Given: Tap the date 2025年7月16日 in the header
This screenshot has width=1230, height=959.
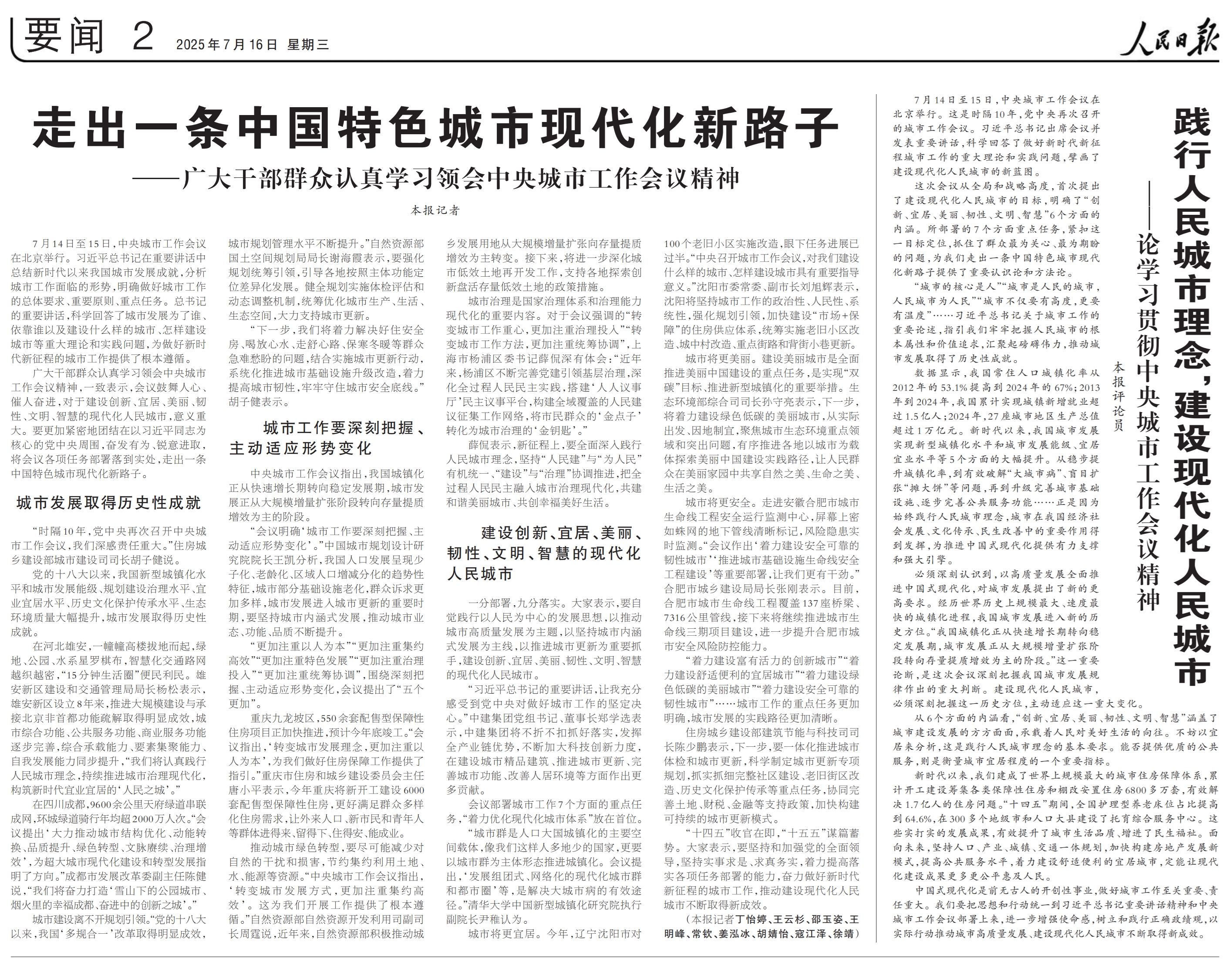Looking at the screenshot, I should tap(226, 45).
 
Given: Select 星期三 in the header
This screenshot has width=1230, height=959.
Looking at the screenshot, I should tap(308, 45).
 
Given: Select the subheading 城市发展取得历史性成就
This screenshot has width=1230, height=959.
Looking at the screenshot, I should tap(109, 503).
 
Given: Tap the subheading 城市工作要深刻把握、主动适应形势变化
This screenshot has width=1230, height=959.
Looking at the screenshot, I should tap(327, 438).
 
